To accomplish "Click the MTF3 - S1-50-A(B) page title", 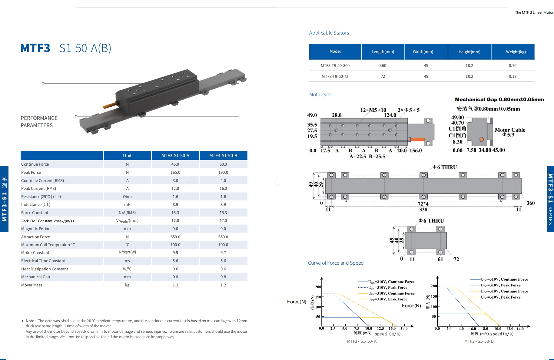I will [66, 48].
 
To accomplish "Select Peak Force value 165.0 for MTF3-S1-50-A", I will [175, 172].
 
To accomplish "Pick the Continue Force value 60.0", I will [223, 164].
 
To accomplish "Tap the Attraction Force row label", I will [35, 237].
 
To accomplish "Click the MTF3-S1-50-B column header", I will [223, 156].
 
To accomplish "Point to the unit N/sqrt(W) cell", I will [127, 252].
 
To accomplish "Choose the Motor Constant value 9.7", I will [223, 253].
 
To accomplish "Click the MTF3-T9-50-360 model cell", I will [335, 65].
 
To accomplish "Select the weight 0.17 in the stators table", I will [513, 76].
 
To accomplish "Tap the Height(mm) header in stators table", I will [469, 52].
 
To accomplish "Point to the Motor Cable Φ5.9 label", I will [510, 132].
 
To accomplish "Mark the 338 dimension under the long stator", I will [423, 210].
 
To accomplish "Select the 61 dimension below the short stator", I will [440, 259].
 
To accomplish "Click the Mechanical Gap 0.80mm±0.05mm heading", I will [499, 99].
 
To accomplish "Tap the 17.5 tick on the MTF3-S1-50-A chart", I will [404, 328].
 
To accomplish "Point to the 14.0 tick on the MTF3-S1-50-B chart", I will [520, 329].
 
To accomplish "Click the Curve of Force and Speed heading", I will [336, 263].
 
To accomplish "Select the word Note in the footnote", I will [30, 321].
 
